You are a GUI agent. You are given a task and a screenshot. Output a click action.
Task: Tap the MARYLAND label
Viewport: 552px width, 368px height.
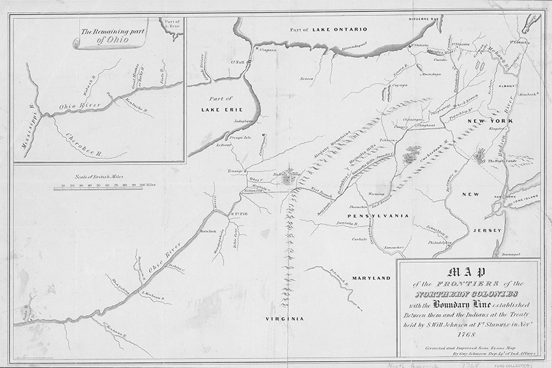point(373,279)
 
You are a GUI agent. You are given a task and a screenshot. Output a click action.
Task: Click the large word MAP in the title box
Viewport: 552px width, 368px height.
point(468,272)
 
